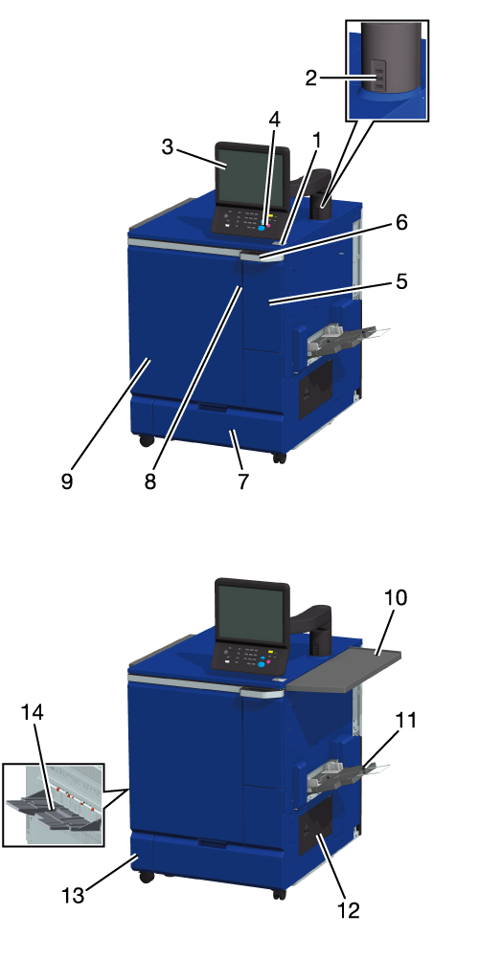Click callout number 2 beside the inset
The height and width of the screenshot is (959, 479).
(x=311, y=78)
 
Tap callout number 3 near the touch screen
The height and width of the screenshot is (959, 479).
(x=169, y=147)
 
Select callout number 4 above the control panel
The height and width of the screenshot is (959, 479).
(x=274, y=120)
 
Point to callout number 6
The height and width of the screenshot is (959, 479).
(x=401, y=223)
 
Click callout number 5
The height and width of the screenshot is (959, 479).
(x=401, y=282)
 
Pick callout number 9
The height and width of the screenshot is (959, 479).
(x=67, y=481)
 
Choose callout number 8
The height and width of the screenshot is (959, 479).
(x=150, y=481)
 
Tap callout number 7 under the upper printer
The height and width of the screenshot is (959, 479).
(x=243, y=481)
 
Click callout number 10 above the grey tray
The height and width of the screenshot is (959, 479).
(x=396, y=597)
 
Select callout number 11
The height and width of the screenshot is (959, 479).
(x=405, y=720)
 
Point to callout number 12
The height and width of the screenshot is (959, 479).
(x=349, y=911)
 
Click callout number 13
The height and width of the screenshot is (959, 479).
(x=73, y=896)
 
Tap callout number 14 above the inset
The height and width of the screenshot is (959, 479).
(x=34, y=712)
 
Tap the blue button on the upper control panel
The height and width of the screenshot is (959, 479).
(x=261, y=228)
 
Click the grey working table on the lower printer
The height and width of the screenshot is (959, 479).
(x=343, y=670)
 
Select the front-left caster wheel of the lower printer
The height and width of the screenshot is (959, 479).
(x=147, y=877)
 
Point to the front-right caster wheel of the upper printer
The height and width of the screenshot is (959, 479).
(x=279, y=457)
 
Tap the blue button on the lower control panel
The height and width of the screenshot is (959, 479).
(x=262, y=665)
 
